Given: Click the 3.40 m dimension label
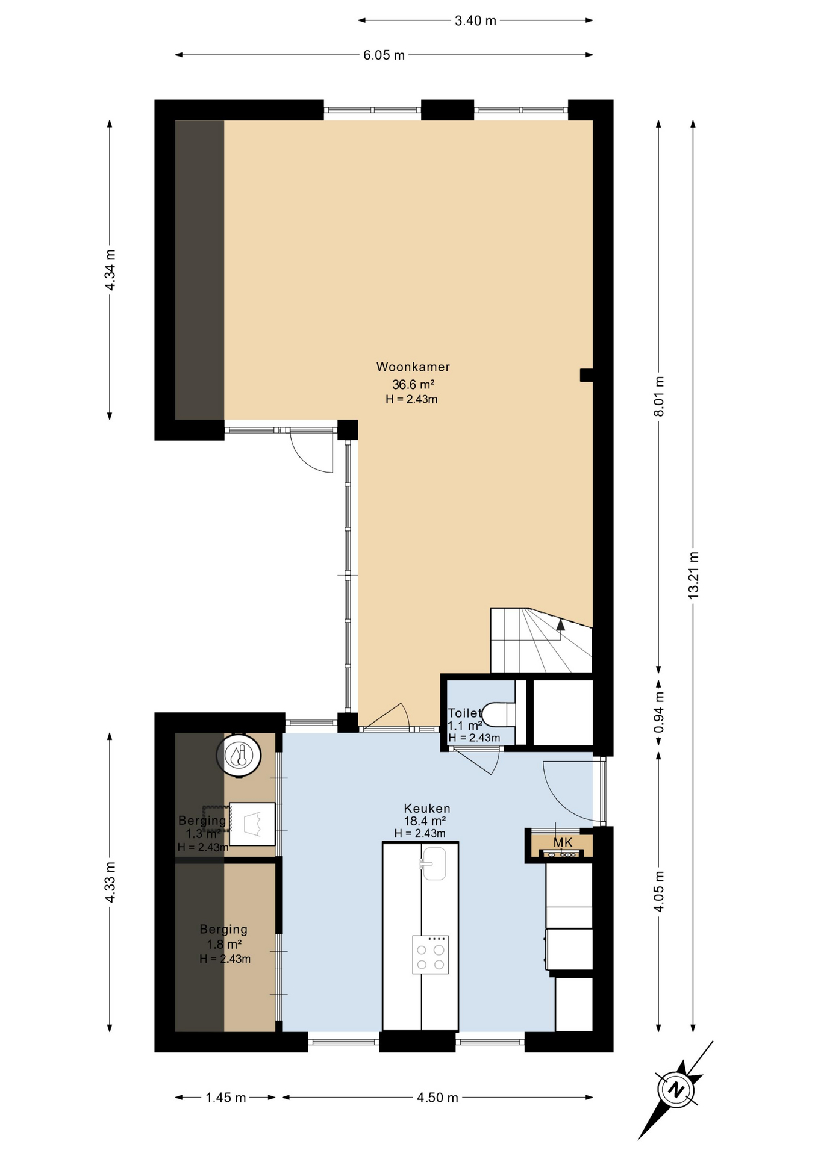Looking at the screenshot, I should (x=475, y=20).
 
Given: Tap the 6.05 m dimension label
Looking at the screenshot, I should (x=384, y=55).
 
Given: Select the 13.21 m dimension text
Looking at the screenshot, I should (x=693, y=574).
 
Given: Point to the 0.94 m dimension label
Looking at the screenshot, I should (x=659, y=712).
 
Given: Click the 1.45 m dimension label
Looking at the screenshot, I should (x=226, y=1098).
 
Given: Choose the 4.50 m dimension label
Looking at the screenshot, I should (x=437, y=1098).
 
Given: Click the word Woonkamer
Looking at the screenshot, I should (x=413, y=367).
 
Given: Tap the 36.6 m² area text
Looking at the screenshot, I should (x=413, y=384).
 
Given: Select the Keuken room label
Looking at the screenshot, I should (x=426, y=809).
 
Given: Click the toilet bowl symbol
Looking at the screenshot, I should (x=500, y=715).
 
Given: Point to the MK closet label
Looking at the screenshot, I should (x=563, y=842).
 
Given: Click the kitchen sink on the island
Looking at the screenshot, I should (x=434, y=863).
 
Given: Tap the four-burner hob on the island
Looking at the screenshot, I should (x=430, y=954).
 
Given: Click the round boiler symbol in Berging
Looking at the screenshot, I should (x=239, y=754).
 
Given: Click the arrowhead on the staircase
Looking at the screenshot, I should (x=560, y=624).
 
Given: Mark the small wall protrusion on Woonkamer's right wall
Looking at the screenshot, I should (x=586, y=375).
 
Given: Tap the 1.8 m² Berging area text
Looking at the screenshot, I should (x=224, y=944).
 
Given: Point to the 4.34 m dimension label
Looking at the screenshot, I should (x=110, y=270).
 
